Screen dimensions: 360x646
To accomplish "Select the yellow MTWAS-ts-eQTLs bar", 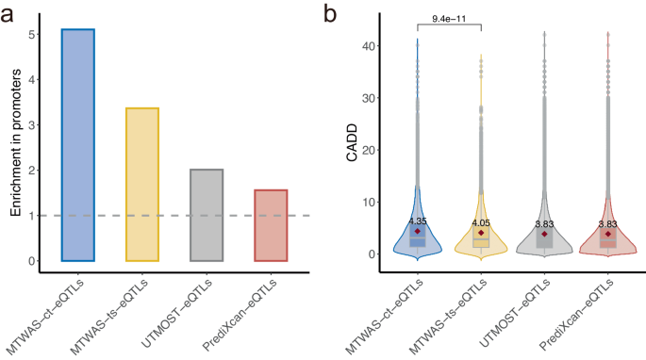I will click(x=142, y=185).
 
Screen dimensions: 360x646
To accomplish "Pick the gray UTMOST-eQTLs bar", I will click(x=206, y=215).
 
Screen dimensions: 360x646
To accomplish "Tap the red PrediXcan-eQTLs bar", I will click(x=270, y=225).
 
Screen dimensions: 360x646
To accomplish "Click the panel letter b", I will click(x=330, y=12).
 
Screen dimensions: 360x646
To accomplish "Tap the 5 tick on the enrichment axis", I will click(x=34, y=34).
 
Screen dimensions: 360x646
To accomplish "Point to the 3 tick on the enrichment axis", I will click(x=34, y=125).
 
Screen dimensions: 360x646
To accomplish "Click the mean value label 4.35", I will click(x=418, y=221).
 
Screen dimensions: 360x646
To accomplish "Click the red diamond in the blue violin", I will click(x=418, y=232).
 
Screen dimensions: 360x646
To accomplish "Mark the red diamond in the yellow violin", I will click(x=481, y=233).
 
